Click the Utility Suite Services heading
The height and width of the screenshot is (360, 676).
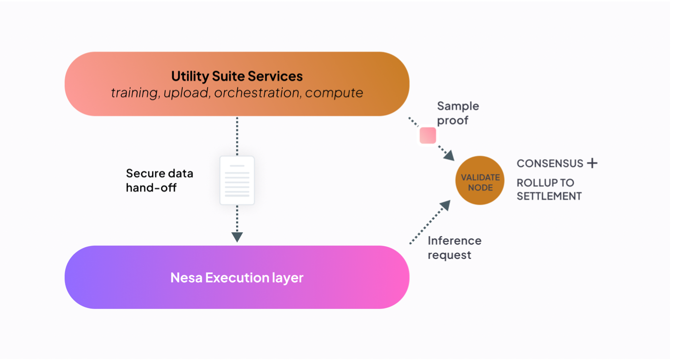click(x=237, y=76)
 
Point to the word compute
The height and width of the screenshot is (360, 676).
click(x=334, y=93)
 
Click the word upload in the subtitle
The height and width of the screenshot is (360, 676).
click(x=187, y=93)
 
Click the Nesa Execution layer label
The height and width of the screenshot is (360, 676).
click(x=237, y=277)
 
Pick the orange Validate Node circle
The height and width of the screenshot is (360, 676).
click(x=480, y=180)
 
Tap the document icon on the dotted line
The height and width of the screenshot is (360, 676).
click(x=237, y=180)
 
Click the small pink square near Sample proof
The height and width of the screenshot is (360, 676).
click(x=427, y=135)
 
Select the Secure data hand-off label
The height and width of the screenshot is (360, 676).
click(x=159, y=180)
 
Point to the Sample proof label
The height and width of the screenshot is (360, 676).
click(x=458, y=113)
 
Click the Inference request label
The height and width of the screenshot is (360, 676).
click(x=454, y=248)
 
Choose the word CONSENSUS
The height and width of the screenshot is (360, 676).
click(x=550, y=164)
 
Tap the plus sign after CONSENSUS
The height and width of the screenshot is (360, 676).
click(x=591, y=163)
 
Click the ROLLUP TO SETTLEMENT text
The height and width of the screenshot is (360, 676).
click(x=549, y=189)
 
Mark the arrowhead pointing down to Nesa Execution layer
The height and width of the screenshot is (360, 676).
click(x=237, y=237)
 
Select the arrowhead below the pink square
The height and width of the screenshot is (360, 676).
click(x=448, y=155)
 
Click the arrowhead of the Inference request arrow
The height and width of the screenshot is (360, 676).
click(x=445, y=206)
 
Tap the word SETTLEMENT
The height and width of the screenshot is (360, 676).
click(x=549, y=196)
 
